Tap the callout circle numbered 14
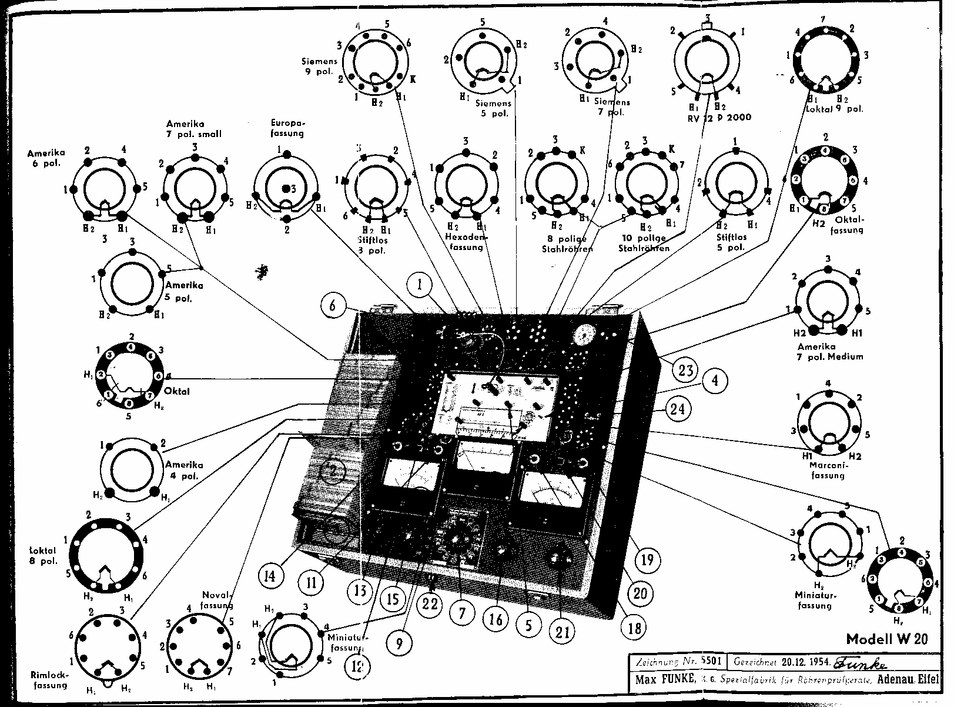pos(269,575)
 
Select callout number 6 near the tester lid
pos(333,306)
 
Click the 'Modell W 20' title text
pos(887,639)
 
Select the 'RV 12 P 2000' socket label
pos(719,118)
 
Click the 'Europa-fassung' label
pos(287,128)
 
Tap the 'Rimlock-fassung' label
pos(49,680)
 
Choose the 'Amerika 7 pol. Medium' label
pos(830,351)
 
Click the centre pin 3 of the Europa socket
pos(286,188)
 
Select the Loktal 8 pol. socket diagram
pos(106,556)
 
